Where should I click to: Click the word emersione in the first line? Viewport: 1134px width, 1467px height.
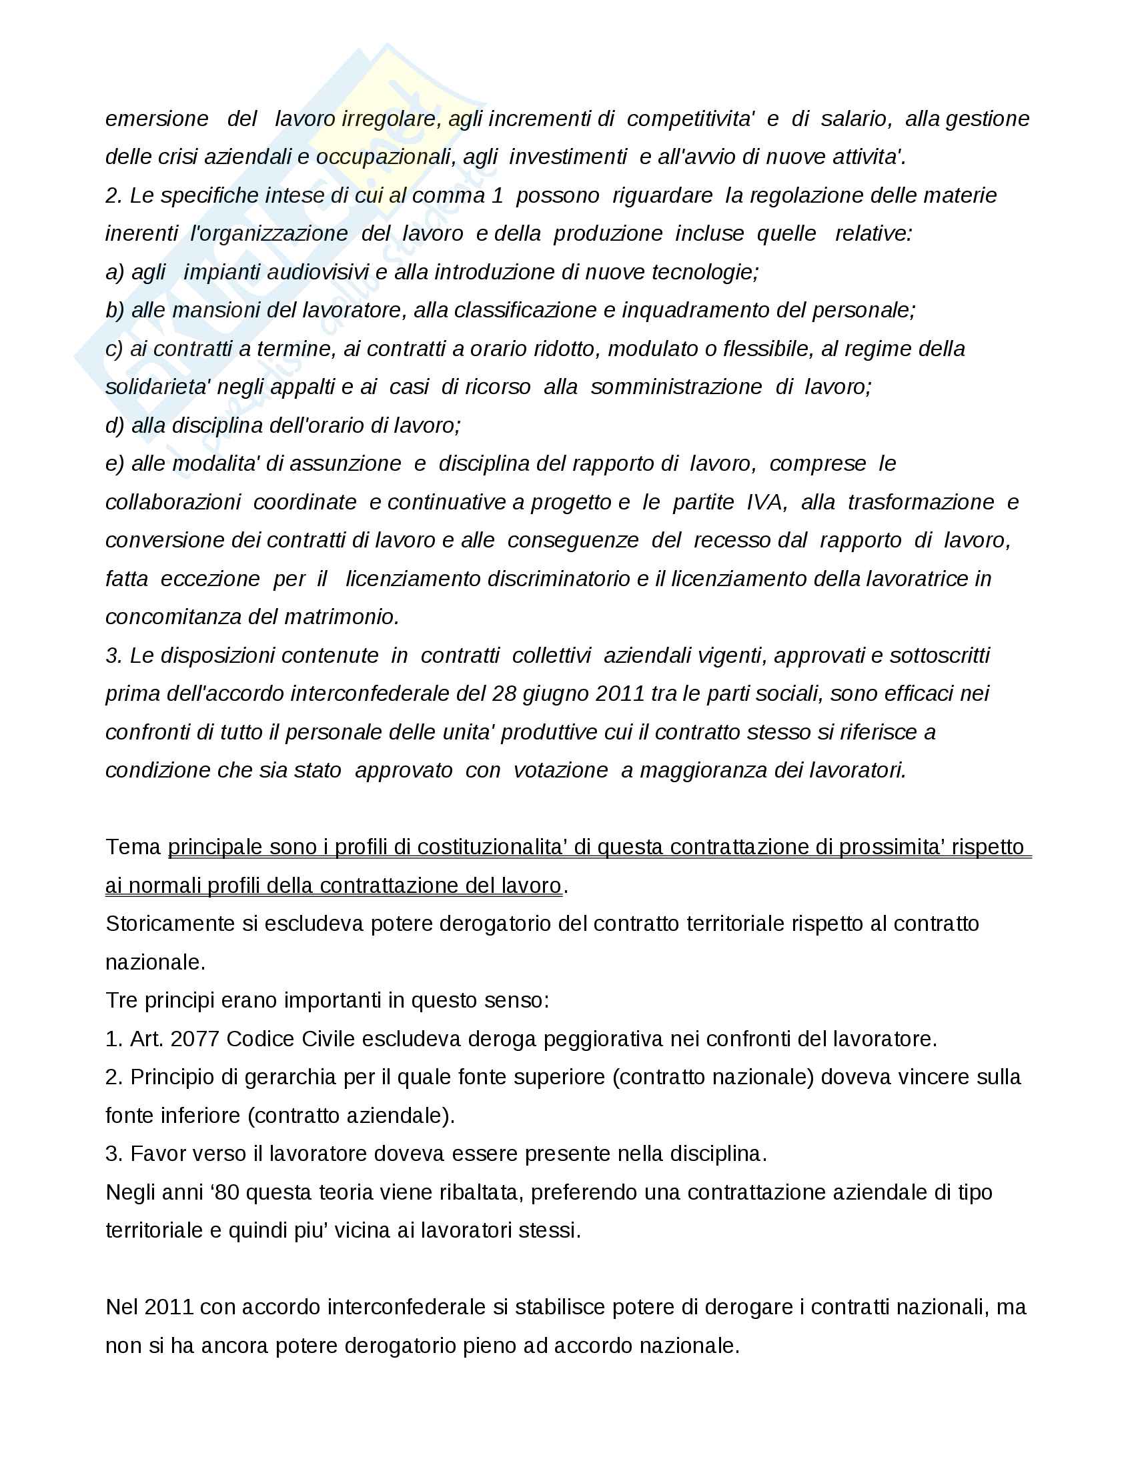tap(157, 119)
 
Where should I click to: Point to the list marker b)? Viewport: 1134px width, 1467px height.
tap(115, 310)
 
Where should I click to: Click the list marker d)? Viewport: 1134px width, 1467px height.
tap(115, 426)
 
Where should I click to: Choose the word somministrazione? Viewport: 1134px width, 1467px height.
tap(676, 387)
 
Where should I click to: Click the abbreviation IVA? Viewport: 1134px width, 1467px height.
tap(766, 502)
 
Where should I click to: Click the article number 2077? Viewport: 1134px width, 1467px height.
tap(195, 1039)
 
